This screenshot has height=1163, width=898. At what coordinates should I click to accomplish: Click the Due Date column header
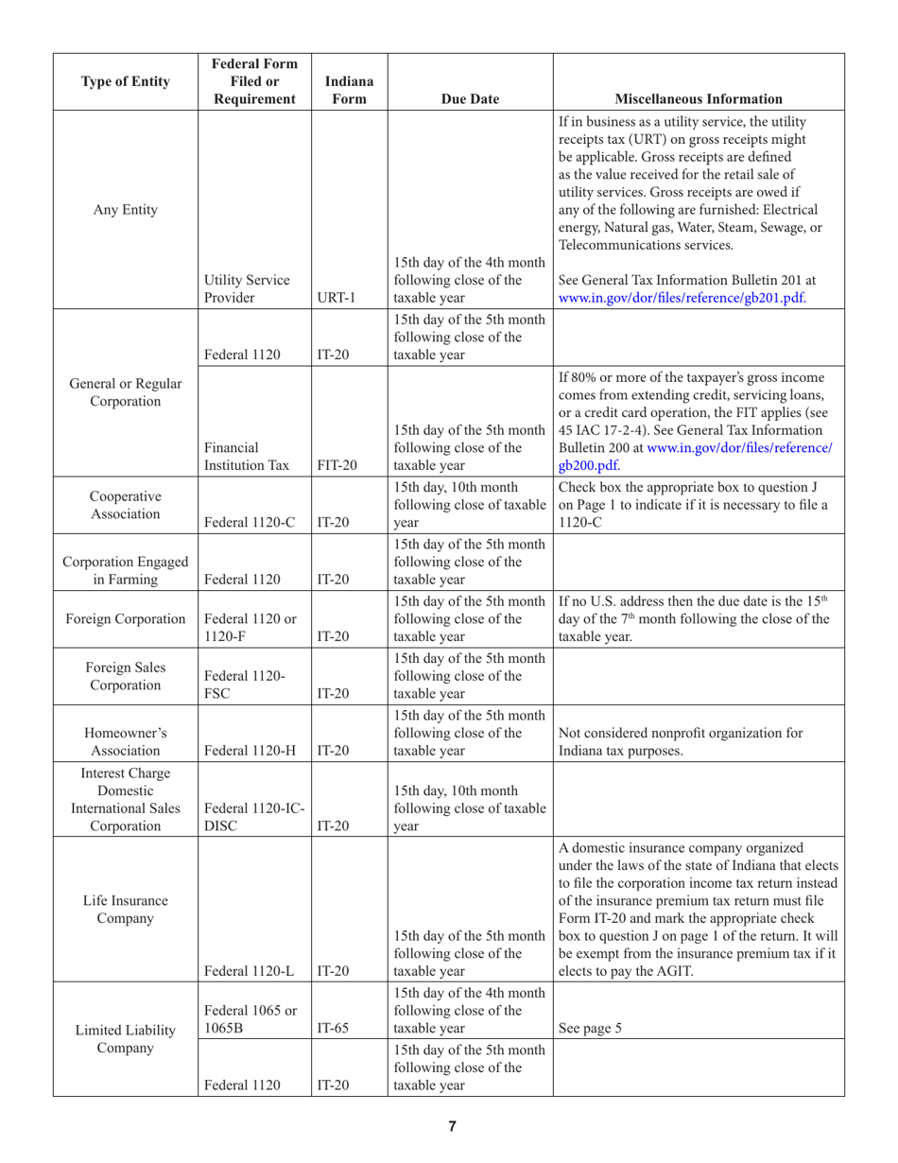point(470,96)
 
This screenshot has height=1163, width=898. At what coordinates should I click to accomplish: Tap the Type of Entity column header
point(124,80)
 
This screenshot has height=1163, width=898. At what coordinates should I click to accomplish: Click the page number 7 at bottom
point(452,1126)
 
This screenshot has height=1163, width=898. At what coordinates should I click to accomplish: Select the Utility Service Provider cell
point(241,289)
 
